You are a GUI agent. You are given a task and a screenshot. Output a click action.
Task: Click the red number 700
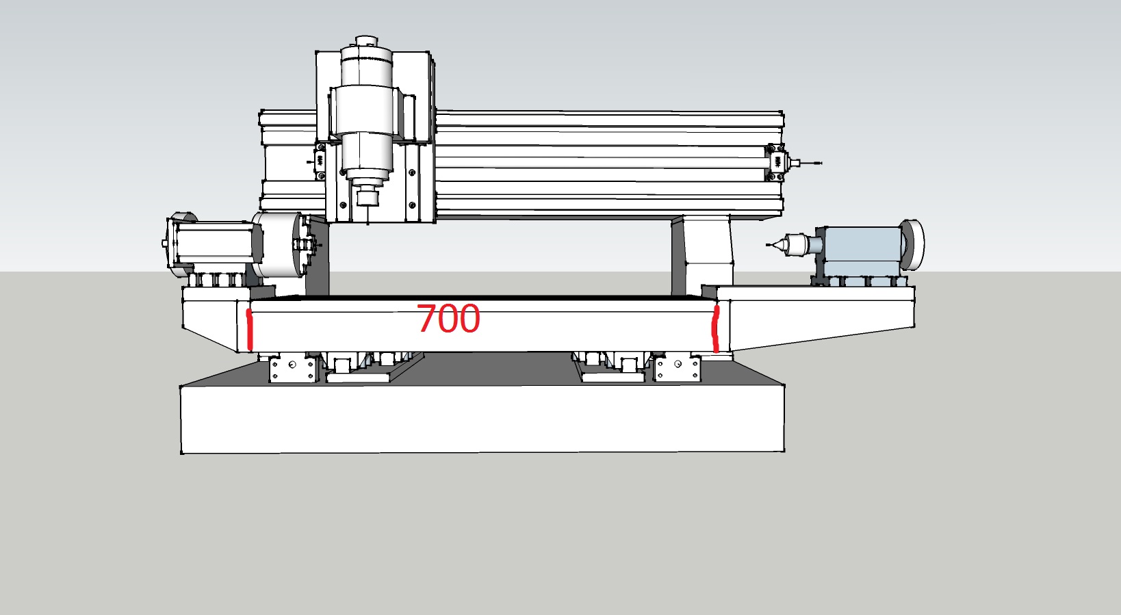pos(448,319)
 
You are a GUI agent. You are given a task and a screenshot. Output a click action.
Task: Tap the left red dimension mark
pos(250,330)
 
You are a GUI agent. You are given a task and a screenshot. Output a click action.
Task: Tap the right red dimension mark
pos(716,329)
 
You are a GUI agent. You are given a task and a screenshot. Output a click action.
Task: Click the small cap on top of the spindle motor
pos(366,41)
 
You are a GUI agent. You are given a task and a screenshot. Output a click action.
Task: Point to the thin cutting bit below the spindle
pos(368,215)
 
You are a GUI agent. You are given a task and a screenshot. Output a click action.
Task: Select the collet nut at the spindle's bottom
pos(368,196)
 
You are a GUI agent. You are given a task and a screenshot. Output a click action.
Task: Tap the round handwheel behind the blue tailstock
pos(913,245)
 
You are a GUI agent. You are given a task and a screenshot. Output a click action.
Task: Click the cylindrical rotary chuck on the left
pos(278,245)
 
